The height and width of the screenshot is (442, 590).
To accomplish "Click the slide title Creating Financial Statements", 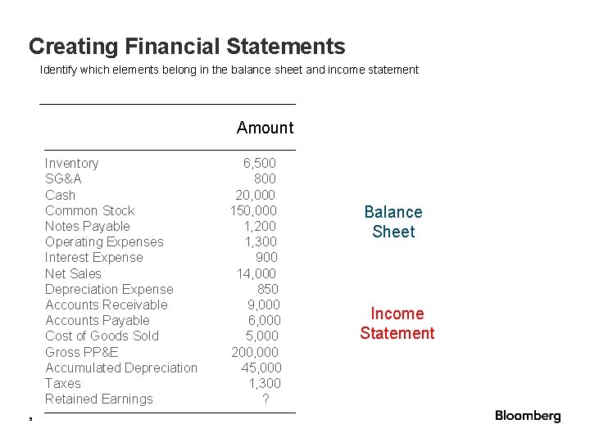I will pos(187,47).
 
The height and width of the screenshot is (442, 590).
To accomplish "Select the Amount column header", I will pos(265,128).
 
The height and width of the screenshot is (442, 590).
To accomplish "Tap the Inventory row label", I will pos(72,164).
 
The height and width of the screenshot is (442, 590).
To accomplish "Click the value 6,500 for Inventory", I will pos(260,164).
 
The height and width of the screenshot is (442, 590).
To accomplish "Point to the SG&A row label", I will pos(63,179).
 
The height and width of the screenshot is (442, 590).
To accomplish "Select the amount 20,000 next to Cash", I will pos(256,195).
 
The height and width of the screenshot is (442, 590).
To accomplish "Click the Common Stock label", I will pos(90,210).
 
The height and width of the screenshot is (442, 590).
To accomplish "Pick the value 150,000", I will pos(253,210).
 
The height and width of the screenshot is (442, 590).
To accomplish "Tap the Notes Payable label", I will pos(88,226).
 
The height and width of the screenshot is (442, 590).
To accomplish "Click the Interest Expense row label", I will pos(94,258).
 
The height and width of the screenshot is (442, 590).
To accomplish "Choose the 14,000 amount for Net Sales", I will pos(256,273).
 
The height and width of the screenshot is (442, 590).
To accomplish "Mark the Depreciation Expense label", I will pos(109,289).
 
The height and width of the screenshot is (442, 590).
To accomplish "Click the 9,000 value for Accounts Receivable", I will pos(263,304).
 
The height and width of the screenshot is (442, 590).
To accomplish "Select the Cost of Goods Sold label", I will pos(102,336).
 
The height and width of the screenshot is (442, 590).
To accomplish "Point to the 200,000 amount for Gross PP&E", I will pos(254,352).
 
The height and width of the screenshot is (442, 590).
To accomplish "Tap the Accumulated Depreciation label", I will pos(121,368).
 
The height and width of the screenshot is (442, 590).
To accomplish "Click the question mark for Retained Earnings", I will pos(265,399).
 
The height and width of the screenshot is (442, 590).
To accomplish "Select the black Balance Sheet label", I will pos(393,222).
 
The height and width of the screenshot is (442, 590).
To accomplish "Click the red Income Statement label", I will pos(397,323).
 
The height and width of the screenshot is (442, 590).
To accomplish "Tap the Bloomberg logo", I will pos(528,416).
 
